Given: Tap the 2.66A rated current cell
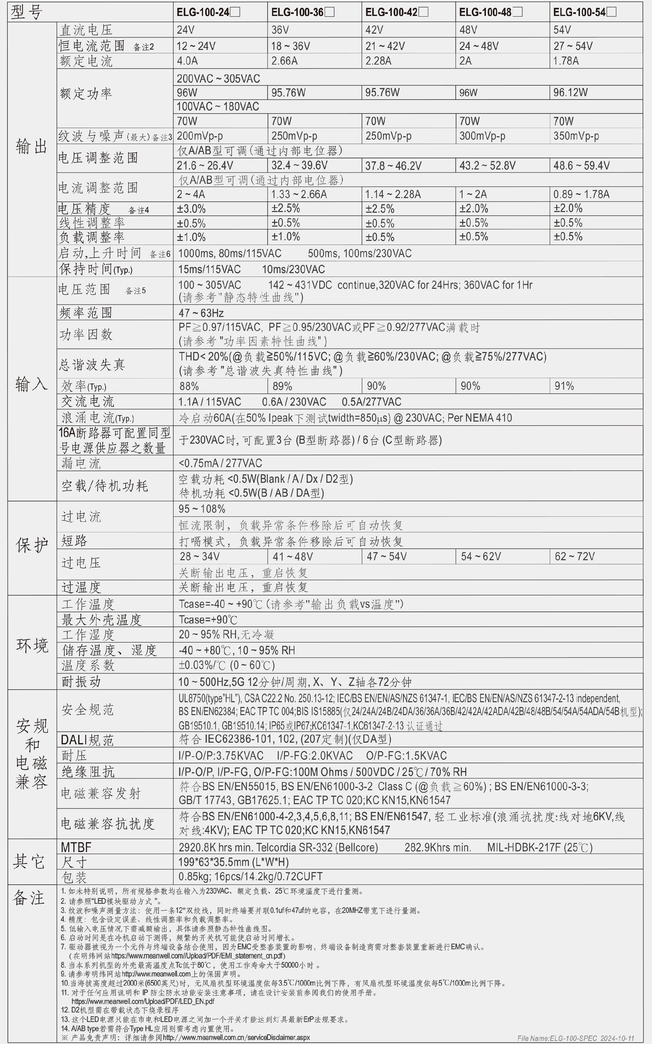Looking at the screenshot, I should (x=285, y=61).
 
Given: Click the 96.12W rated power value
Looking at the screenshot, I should (x=570, y=92).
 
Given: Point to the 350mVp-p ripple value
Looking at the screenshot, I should (x=576, y=136).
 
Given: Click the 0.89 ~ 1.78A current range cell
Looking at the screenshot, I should (x=581, y=194).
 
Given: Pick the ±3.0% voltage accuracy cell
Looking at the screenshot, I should (x=191, y=209).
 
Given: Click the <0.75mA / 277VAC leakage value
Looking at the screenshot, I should (x=220, y=463).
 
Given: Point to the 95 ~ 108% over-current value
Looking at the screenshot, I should (x=202, y=509).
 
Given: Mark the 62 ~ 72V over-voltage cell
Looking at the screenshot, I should (x=574, y=556).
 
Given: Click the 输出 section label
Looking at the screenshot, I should (x=32, y=147).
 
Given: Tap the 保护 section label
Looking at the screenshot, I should (x=32, y=545).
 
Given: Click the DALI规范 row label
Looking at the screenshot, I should (x=87, y=740).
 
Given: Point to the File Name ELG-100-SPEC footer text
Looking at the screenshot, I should (x=576, y=1038).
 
